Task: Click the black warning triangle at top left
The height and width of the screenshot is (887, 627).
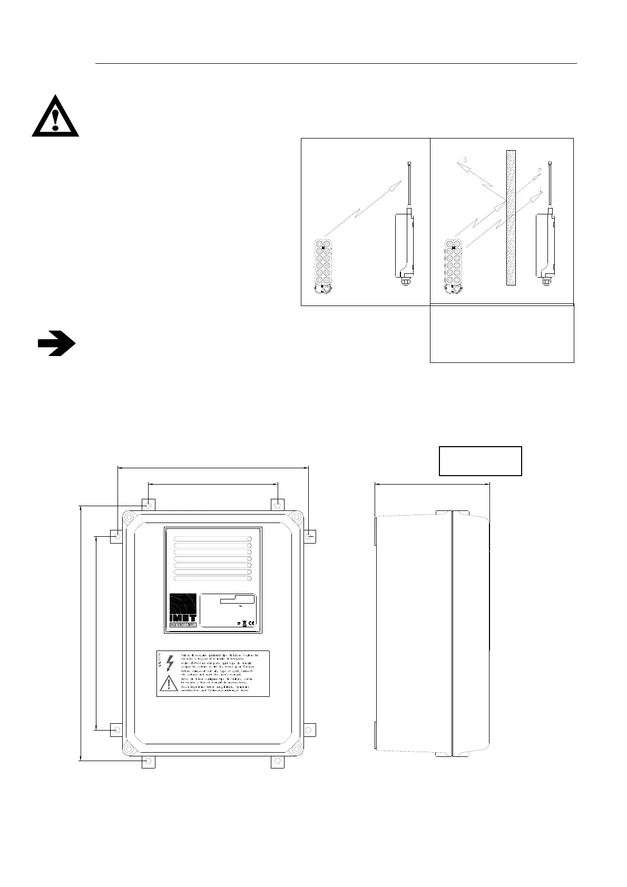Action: click(55, 117)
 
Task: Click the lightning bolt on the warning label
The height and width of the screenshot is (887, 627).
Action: click(169, 663)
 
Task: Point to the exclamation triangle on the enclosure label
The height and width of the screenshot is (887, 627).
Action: click(169, 683)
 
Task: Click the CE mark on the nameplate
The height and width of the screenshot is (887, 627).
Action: click(251, 624)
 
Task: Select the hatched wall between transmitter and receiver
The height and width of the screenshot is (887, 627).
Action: click(511, 218)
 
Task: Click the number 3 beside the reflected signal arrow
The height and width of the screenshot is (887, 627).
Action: click(465, 159)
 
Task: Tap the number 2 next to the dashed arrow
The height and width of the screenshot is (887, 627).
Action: click(539, 170)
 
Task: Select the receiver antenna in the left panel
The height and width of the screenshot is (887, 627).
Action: click(409, 184)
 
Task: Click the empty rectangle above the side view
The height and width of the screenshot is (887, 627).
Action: click(480, 461)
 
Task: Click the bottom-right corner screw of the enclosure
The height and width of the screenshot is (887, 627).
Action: click(297, 747)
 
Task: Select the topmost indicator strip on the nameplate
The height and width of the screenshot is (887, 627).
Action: click(213, 539)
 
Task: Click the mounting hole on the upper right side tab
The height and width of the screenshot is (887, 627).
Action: click(310, 537)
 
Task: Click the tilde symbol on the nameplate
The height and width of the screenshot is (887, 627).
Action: click(240, 606)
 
